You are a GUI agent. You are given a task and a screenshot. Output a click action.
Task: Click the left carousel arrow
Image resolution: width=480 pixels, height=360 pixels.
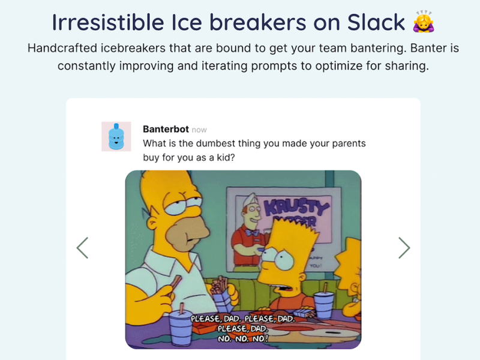pos(83,247)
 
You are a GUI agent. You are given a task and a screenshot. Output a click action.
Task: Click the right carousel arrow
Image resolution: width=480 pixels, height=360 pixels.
pos(404,247)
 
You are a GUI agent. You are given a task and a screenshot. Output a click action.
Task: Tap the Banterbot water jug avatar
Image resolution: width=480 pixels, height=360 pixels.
pos(116,136)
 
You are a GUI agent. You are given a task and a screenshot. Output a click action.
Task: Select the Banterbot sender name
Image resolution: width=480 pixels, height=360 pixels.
pos(166,129)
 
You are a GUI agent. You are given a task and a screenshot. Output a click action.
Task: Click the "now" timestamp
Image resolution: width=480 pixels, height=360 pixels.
pos(199,130)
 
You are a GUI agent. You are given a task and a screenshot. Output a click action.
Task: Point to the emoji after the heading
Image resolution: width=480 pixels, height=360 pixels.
pos(424,22)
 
